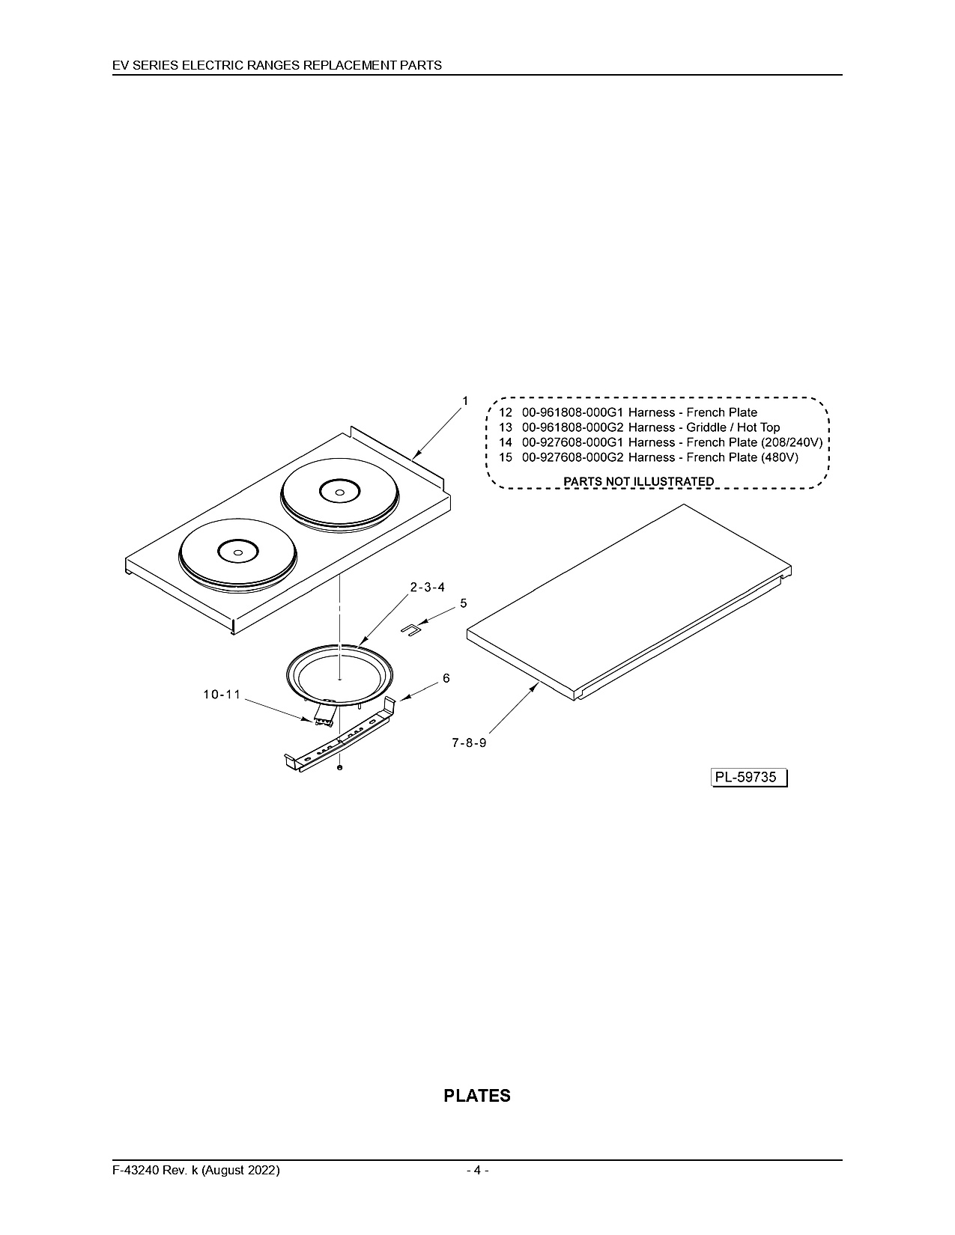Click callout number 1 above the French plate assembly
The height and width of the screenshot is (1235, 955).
[465, 400]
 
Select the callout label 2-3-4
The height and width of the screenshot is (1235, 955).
[428, 587]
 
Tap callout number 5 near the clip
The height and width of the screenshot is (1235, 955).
[464, 603]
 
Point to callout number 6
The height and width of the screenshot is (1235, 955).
[446, 678]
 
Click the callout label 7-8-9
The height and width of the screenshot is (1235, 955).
[469, 742]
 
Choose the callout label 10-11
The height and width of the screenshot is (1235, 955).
[222, 695]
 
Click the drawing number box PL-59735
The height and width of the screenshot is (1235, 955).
[749, 778]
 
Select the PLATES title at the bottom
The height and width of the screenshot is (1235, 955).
[477, 1097]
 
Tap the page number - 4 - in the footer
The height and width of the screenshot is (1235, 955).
[478, 1170]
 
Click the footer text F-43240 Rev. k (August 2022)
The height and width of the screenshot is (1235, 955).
[196, 1170]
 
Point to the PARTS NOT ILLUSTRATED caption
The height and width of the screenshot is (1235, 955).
[639, 481]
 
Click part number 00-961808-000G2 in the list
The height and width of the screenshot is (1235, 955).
[573, 427]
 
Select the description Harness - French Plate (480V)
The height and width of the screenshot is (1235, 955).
[713, 457]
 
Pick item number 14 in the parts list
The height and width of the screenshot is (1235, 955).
[506, 442]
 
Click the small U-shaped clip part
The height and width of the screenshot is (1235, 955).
[410, 629]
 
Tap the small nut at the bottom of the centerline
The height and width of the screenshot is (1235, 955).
[339, 768]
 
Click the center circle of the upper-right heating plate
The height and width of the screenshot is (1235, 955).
[339, 493]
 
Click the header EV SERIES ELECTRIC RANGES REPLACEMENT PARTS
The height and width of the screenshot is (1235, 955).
[277, 65]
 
